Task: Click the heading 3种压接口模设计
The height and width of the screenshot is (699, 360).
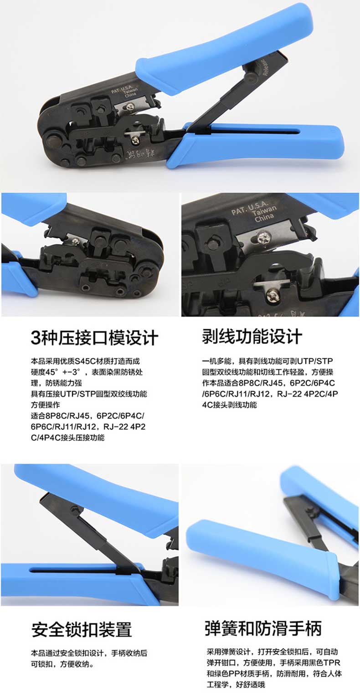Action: coord(94,338)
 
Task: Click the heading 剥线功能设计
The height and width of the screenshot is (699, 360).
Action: coord(252,336)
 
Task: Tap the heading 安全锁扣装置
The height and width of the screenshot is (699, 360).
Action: coord(82,629)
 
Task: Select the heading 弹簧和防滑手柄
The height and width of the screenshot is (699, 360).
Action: coord(263,628)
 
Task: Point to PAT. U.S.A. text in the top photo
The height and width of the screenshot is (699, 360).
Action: coord(122,87)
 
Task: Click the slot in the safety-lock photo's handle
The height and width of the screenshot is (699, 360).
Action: coord(73,571)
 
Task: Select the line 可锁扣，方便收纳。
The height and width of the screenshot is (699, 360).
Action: coord(62,664)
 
